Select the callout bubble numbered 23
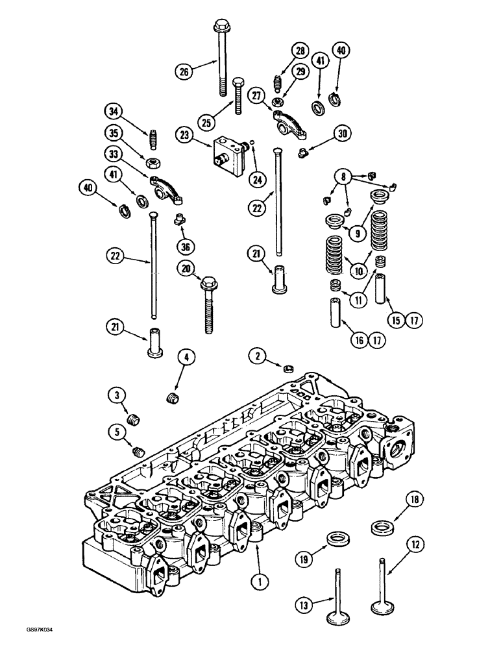point(184,135)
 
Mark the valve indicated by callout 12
point(382,584)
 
